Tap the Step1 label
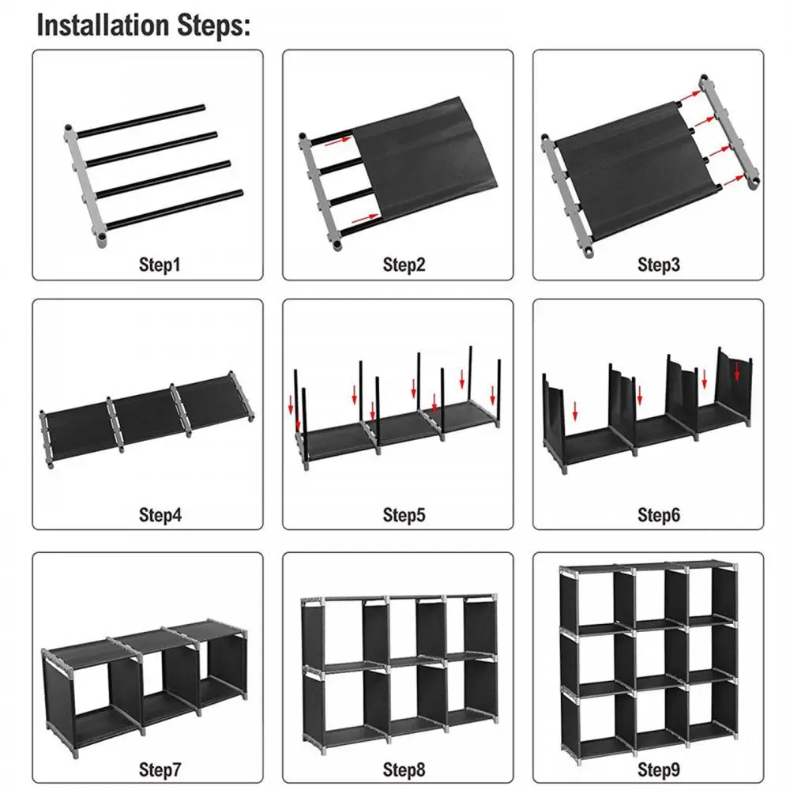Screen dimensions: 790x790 tap(160, 265)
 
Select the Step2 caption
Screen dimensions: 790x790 tap(404, 265)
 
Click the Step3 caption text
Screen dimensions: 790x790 tap(658, 265)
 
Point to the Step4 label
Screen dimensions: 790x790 tap(160, 515)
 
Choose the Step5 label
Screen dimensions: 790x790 tap(404, 515)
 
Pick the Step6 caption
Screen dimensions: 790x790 tap(658, 515)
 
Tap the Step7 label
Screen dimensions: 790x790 tap(160, 768)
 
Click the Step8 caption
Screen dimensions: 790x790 tap(404, 768)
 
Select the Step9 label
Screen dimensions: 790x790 tap(658, 768)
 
